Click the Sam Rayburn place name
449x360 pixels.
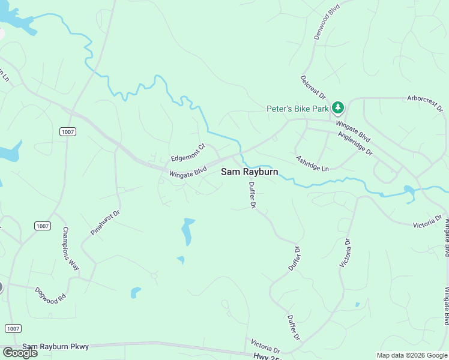[250, 172]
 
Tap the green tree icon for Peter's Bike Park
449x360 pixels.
[339, 108]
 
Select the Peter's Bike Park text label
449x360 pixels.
[298, 109]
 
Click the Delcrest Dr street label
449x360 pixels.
[313, 88]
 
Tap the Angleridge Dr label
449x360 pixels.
[356, 145]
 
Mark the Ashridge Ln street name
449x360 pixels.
[312, 164]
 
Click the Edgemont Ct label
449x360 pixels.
[188, 151]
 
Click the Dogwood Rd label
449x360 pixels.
[50, 295]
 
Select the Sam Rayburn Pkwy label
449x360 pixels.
[55, 347]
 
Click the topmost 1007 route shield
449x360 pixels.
[67, 131]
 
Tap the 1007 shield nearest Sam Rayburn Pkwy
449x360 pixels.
[13, 328]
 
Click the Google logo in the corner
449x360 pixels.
[19, 353]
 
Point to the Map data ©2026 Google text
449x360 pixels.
[412, 355]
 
